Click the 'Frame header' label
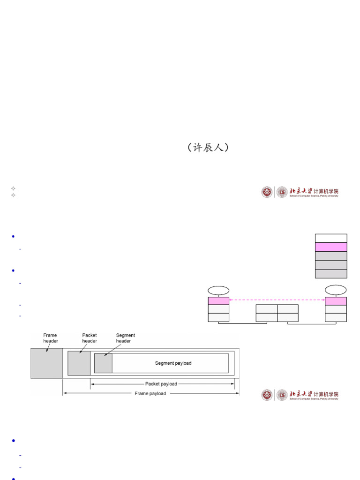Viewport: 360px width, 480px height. tap(50, 338)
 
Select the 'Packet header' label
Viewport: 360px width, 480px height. tap(90, 338)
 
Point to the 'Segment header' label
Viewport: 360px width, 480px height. tap(125, 338)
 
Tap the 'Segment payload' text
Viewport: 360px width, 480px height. tap(173, 363)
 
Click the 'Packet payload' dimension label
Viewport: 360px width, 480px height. tap(161, 384)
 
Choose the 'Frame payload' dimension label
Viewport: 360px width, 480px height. tap(150, 394)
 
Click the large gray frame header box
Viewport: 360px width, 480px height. tap(46, 363)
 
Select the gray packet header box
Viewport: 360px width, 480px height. tap(79, 363)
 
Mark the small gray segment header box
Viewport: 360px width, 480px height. tap(103, 363)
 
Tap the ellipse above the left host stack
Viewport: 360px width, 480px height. tap(218, 291)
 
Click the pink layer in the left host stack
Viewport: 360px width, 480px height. tap(218, 301)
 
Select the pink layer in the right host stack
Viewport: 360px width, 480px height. tap(336, 301)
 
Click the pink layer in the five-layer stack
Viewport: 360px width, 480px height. tap(331, 247)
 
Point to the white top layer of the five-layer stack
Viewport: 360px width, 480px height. tap(331, 238)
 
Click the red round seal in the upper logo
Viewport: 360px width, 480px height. tap(267, 192)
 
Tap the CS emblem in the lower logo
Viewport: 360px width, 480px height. tap(282, 395)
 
